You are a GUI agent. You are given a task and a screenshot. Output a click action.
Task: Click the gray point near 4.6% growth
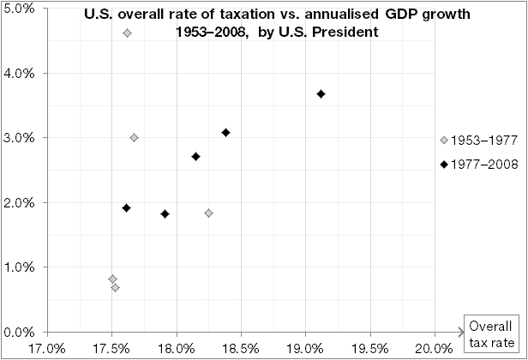[128, 33]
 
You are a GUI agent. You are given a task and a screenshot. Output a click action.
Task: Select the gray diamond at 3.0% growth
[134, 138]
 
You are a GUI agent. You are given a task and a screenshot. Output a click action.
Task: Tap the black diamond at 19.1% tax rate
[321, 94]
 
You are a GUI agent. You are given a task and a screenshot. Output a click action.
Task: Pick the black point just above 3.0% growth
[225, 133]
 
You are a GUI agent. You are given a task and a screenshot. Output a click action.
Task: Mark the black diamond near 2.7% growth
[196, 157]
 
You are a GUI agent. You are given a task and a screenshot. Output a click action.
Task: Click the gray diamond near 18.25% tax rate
[208, 213]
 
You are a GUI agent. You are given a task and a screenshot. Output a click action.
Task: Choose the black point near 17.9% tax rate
[165, 214]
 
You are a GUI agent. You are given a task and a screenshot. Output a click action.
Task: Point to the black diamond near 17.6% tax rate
[127, 208]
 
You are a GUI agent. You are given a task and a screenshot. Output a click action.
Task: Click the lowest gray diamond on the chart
[115, 288]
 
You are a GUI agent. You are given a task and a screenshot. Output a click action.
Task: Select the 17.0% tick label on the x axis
[47, 348]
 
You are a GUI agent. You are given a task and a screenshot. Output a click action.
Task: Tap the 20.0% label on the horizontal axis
[434, 348]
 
